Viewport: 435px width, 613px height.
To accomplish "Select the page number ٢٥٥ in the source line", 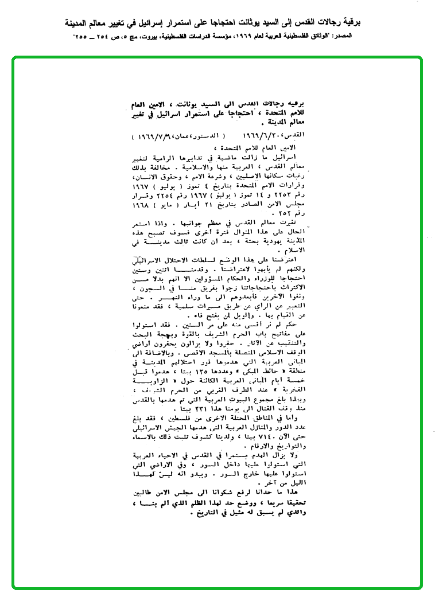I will tap(84, 36).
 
